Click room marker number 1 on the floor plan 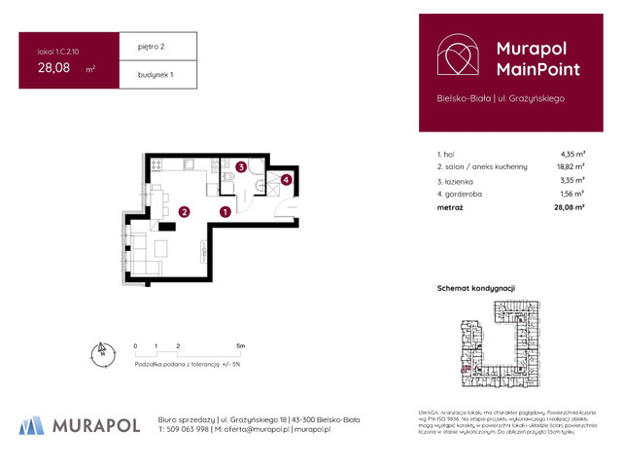(x=225, y=211)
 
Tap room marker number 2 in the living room (x=182, y=211)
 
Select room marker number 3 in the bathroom (x=240, y=167)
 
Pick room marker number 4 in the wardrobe (x=286, y=178)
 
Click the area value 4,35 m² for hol (x=572, y=154)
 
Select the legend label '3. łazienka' (x=457, y=181)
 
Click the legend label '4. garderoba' (x=461, y=194)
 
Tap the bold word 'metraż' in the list (x=450, y=207)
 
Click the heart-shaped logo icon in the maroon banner (x=458, y=57)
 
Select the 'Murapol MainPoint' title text (x=537, y=58)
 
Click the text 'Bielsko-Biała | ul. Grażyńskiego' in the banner (x=501, y=98)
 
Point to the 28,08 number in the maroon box (x=53, y=68)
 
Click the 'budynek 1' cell (x=140, y=75)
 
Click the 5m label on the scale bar (x=240, y=346)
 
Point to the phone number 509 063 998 (x=190, y=429)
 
